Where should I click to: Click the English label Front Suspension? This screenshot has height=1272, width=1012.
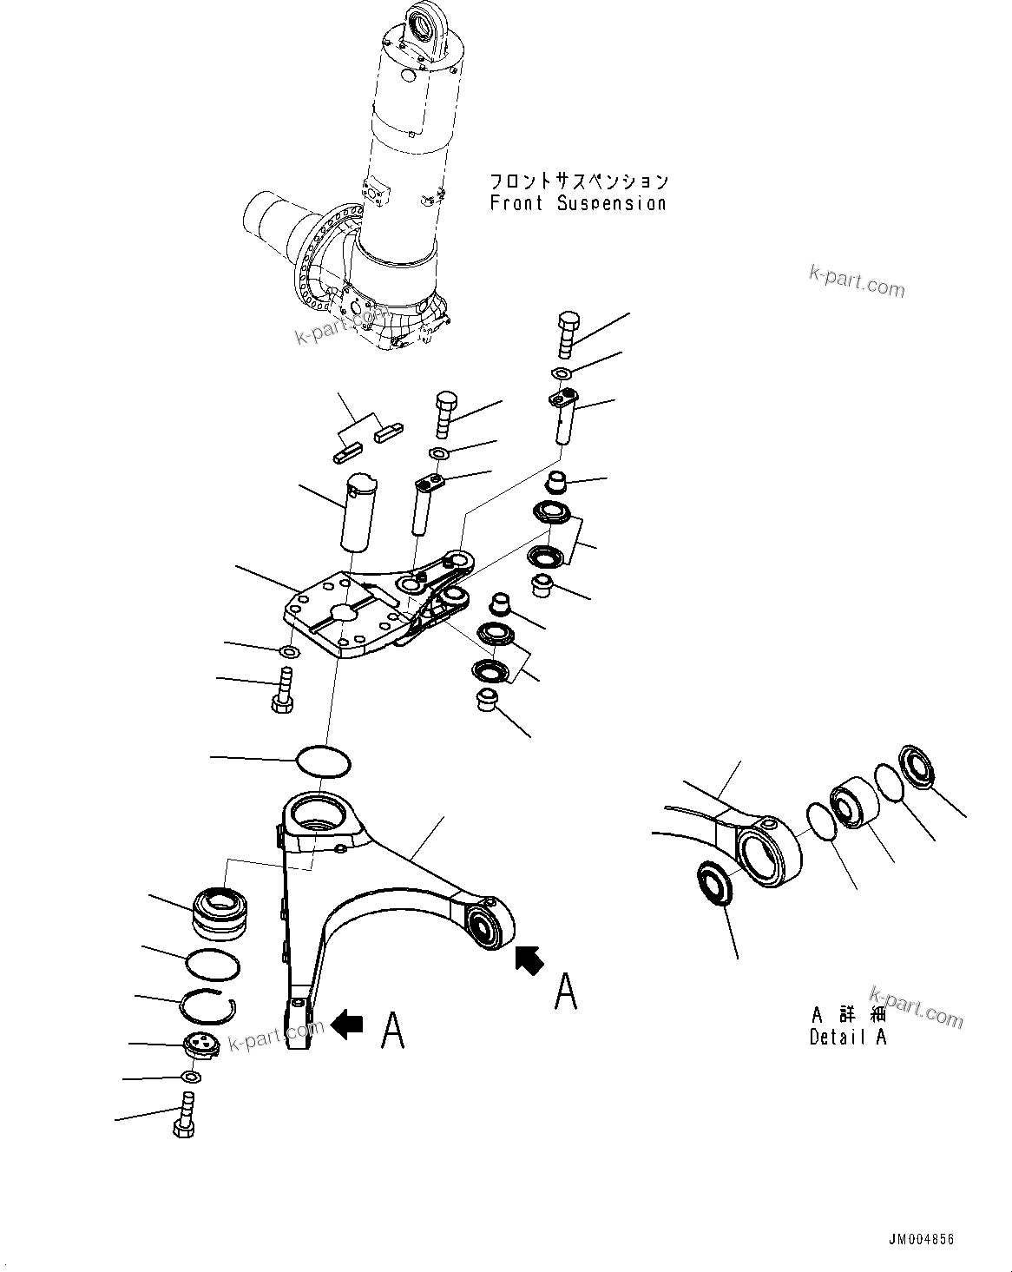(578, 203)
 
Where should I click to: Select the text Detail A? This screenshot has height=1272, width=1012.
(848, 1037)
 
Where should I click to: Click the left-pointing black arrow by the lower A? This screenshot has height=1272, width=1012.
(347, 1025)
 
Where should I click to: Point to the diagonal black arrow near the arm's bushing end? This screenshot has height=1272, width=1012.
(529, 959)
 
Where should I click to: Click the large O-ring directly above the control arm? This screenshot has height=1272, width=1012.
(324, 761)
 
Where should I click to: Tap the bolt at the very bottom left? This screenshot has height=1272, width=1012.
(184, 1117)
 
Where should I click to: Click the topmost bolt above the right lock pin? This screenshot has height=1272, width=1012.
(566, 333)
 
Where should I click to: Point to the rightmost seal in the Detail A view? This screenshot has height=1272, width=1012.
(917, 767)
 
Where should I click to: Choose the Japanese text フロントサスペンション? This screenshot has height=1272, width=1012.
(579, 181)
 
